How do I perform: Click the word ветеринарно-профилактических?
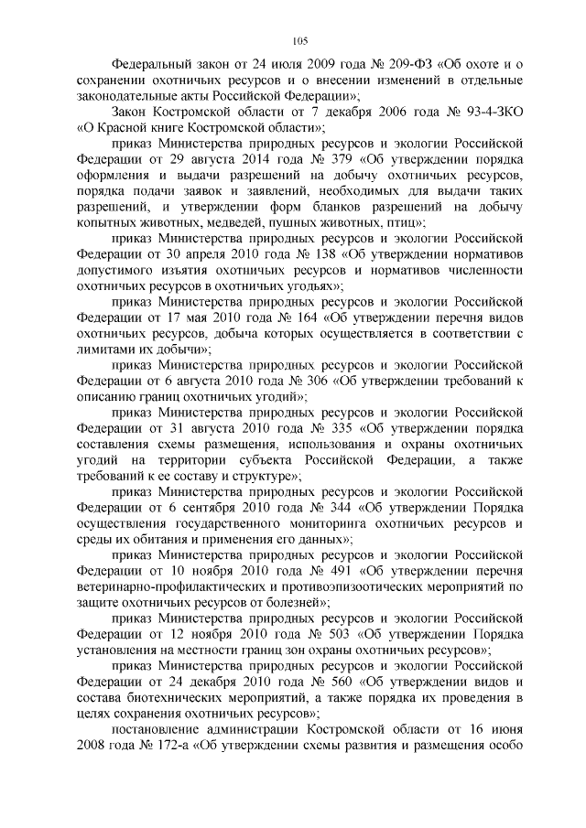(x=174, y=587)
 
